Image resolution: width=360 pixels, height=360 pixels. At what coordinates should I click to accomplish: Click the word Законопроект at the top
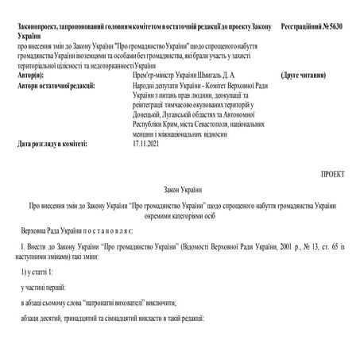(39, 26)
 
